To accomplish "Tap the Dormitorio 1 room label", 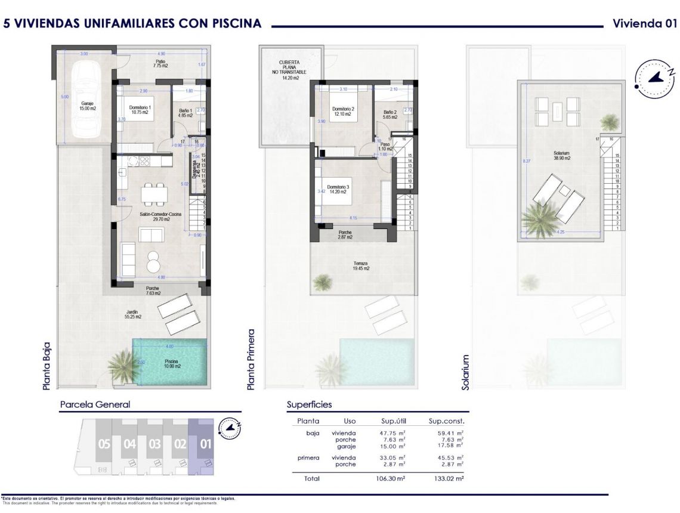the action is click(140, 110).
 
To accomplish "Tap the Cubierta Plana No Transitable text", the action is click(289, 70).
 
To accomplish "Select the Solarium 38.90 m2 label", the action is click(562, 155).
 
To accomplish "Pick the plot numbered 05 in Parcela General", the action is click(104, 444).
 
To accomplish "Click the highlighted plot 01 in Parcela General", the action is click(205, 444).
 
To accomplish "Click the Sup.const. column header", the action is click(446, 421).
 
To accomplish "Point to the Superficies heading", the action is click(309, 404).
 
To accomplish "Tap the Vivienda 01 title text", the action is click(645, 23).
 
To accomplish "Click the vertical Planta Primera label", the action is click(251, 360).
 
